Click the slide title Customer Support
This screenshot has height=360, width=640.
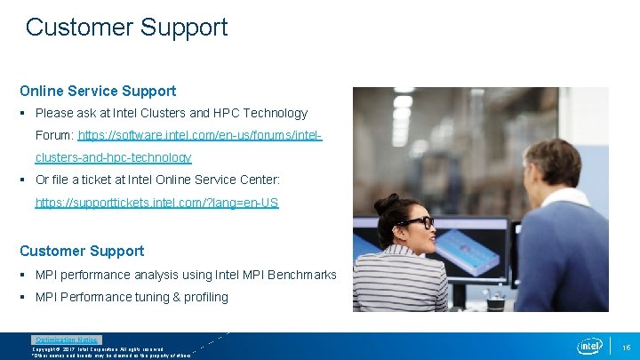[126, 28]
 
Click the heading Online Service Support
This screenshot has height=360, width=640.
[98, 91]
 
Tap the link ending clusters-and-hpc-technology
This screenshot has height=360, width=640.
[113, 157]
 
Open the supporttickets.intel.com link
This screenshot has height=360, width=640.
[156, 203]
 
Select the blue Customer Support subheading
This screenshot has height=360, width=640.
[82, 252]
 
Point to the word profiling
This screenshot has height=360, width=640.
[206, 297]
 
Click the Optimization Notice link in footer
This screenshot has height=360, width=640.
[67, 340]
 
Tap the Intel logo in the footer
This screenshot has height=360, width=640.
[589, 346]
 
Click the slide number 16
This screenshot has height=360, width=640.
[626, 347]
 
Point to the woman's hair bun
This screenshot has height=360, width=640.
[385, 204]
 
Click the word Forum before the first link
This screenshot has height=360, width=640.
[53, 135]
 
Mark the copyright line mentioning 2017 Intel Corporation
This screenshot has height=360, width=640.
[98, 349]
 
